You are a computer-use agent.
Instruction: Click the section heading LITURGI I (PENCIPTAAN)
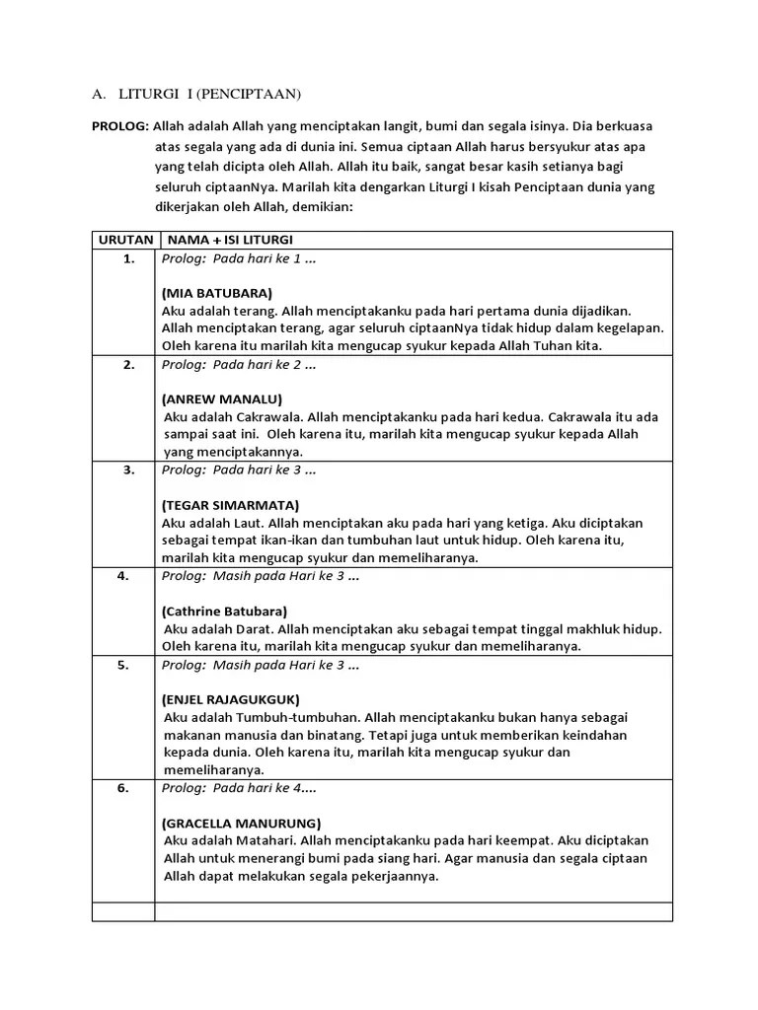pyautogui.click(x=209, y=95)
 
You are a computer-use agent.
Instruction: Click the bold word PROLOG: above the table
pyautogui.click(x=119, y=126)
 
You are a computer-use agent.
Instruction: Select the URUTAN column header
pyautogui.click(x=124, y=240)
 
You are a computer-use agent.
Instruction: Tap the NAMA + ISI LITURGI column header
pyautogui.click(x=230, y=240)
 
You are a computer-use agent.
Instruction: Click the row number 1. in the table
pyautogui.click(x=128, y=258)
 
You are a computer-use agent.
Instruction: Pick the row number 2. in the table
pyautogui.click(x=128, y=364)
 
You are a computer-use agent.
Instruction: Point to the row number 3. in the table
pyautogui.click(x=128, y=469)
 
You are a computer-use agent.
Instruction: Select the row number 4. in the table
pyautogui.click(x=123, y=576)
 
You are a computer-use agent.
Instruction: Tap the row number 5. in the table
pyautogui.click(x=123, y=665)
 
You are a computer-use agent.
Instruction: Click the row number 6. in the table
pyautogui.click(x=123, y=788)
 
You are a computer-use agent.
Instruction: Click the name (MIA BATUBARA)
pyautogui.click(x=216, y=293)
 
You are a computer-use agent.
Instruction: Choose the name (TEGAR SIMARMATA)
pyautogui.click(x=229, y=505)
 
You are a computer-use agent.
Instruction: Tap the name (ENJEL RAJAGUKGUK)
pyautogui.click(x=230, y=699)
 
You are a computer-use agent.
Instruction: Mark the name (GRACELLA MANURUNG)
pyautogui.click(x=241, y=823)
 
